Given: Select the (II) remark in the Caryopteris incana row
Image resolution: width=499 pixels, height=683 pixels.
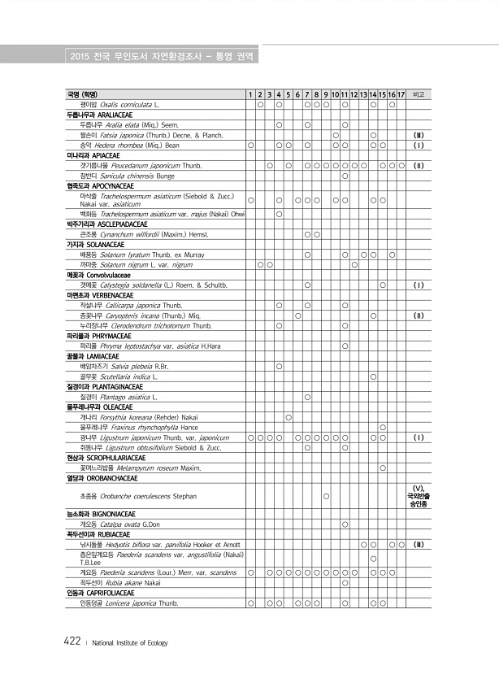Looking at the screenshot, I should [419, 315].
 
